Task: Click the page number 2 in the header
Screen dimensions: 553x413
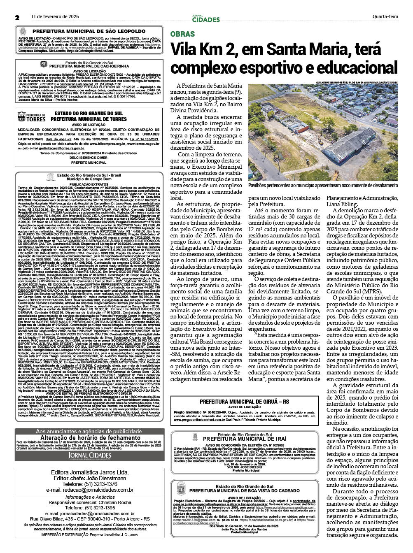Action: (17, 18)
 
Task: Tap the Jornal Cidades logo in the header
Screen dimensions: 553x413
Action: (206, 19)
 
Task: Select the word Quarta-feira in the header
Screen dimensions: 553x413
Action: (385, 17)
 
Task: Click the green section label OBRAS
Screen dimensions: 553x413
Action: (182, 34)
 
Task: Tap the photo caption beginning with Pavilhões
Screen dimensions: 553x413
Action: (323, 186)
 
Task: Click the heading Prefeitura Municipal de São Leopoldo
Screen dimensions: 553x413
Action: (89, 31)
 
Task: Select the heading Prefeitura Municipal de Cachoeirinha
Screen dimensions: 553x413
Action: (89, 66)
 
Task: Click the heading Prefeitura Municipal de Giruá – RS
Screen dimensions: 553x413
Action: (244, 401)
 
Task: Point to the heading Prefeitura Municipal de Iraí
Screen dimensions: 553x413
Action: (245, 439)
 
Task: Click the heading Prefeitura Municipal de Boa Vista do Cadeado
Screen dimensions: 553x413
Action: (244, 491)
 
